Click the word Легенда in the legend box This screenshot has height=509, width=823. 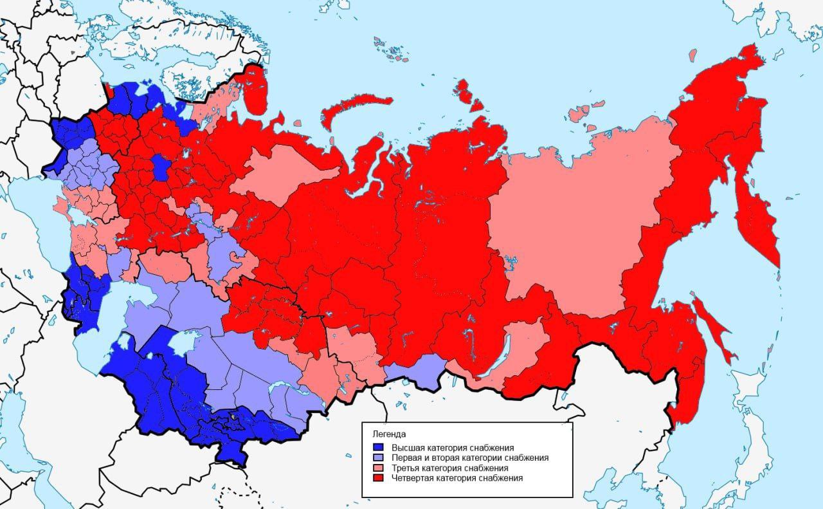coord(384,434)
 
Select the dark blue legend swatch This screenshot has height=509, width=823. coord(379,447)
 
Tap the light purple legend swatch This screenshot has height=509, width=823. coord(379,458)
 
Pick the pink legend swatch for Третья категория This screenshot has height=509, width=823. coord(379,468)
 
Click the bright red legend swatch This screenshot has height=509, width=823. coord(379,478)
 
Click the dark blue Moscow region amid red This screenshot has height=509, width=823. coord(161,169)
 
